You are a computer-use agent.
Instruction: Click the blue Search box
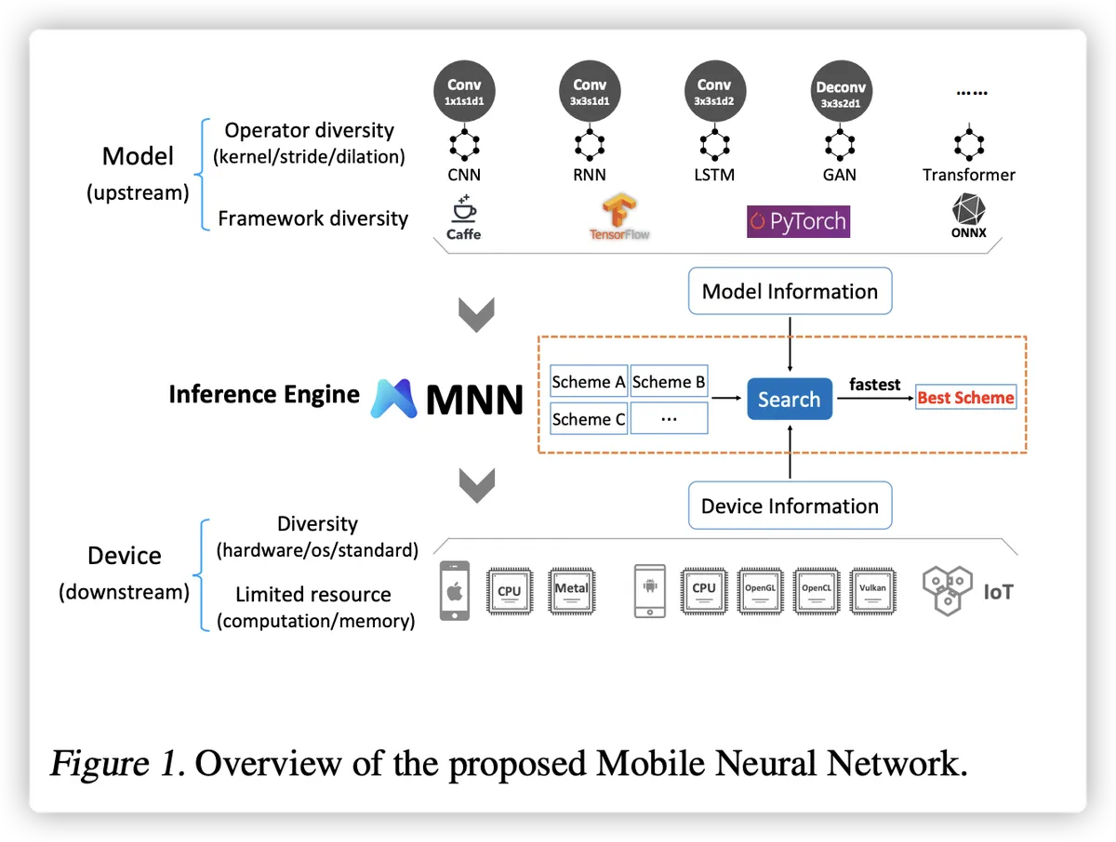[790, 400]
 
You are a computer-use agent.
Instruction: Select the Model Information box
[790, 291]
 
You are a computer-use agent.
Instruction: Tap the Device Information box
[790, 506]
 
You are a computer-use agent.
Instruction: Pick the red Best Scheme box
[965, 398]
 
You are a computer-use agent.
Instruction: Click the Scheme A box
[589, 382]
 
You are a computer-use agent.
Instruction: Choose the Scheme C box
[589, 419]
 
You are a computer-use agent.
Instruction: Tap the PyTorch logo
[798, 221]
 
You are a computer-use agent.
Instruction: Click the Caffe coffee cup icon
[463, 207]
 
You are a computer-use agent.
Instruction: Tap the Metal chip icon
[571, 589]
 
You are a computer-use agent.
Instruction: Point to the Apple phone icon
[455, 589]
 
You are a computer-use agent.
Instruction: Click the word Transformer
[968, 175]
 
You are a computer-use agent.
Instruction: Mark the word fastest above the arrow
[874, 384]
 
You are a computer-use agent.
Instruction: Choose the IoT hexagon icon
[947, 589]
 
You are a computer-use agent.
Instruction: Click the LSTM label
[714, 175]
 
